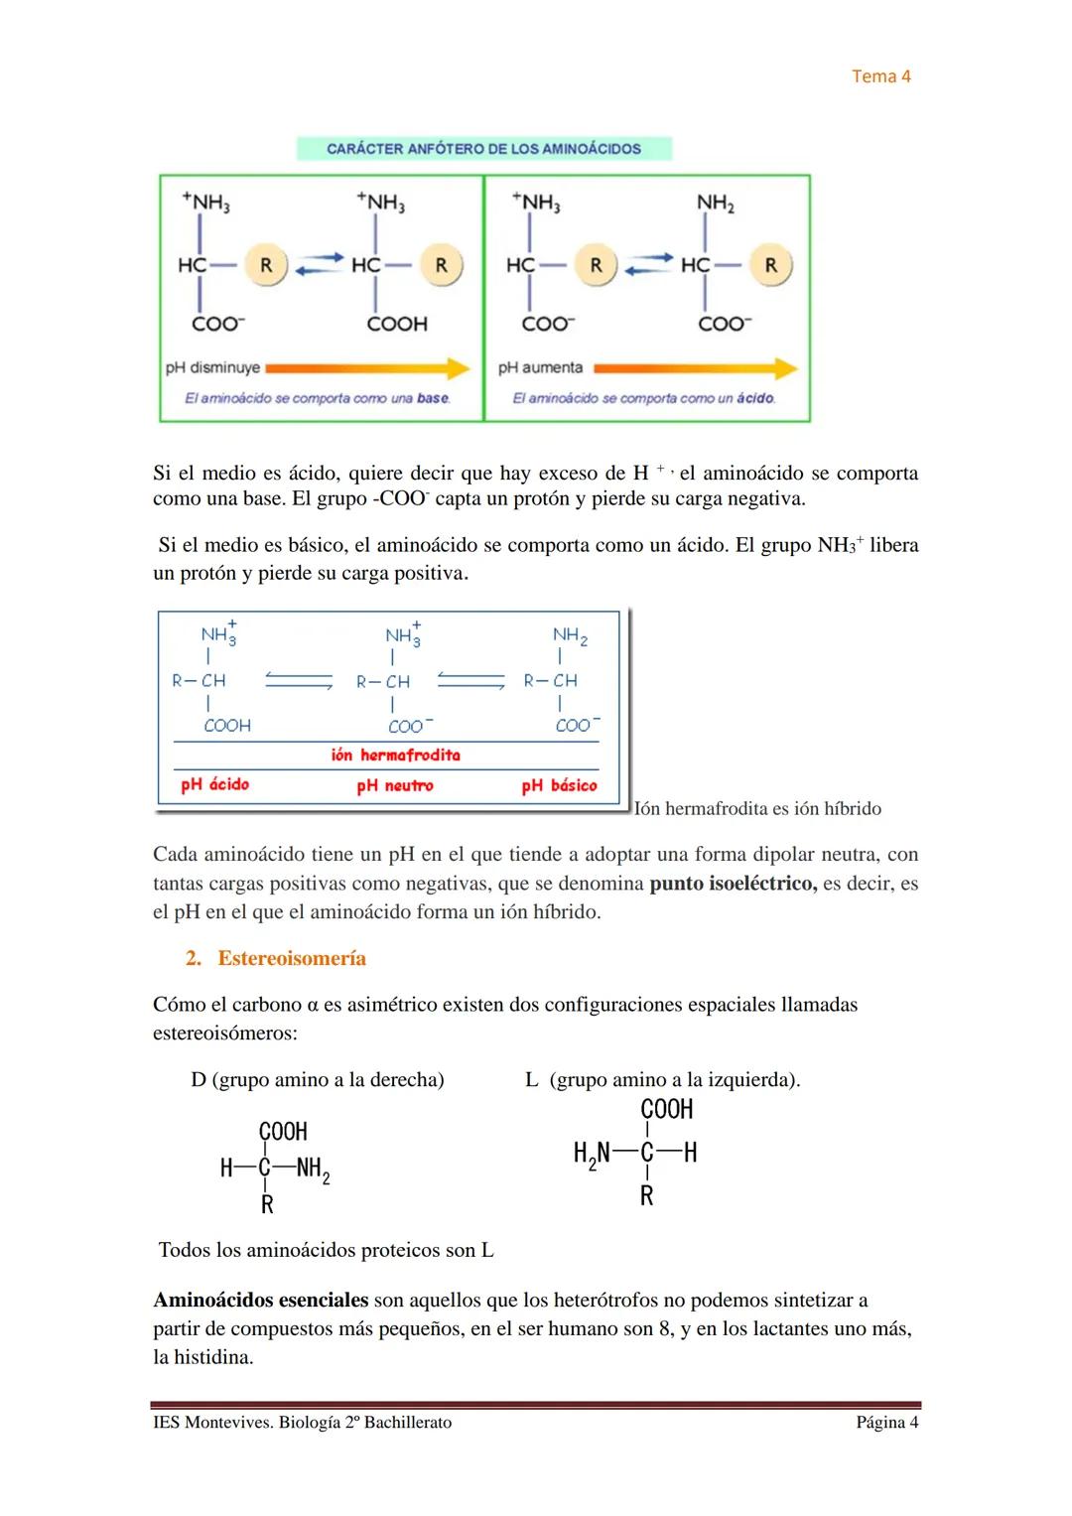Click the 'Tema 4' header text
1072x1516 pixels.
(880, 76)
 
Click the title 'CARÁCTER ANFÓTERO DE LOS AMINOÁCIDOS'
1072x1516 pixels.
(483, 149)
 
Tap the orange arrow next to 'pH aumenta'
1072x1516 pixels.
(695, 368)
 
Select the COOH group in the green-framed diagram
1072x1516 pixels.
(397, 324)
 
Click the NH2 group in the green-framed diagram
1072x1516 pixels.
(715, 203)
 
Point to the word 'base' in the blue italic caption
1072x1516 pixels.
(433, 398)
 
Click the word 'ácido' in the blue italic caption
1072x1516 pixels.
(756, 398)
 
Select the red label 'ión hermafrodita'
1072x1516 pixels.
(395, 755)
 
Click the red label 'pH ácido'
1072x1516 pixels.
(214, 784)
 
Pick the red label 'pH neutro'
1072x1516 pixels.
(395, 785)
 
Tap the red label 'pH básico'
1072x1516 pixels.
(559, 785)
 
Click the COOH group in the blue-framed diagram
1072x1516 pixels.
(227, 726)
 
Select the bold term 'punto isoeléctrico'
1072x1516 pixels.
(733, 884)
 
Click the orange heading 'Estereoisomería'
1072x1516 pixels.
(292, 958)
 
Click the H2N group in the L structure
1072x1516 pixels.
(592, 1154)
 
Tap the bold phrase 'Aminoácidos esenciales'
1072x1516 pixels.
(260, 1300)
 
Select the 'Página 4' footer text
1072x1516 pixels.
(886, 1423)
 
